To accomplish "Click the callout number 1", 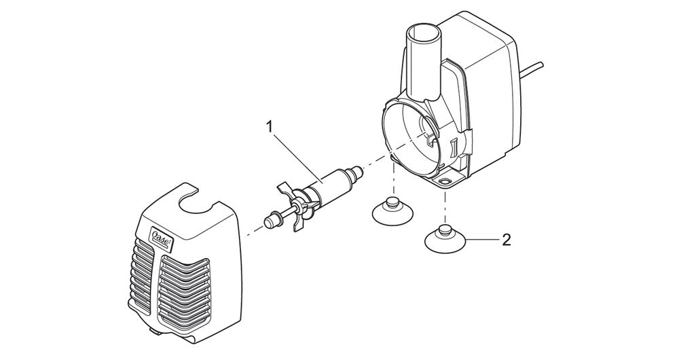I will pyautogui.click(x=270, y=126).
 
